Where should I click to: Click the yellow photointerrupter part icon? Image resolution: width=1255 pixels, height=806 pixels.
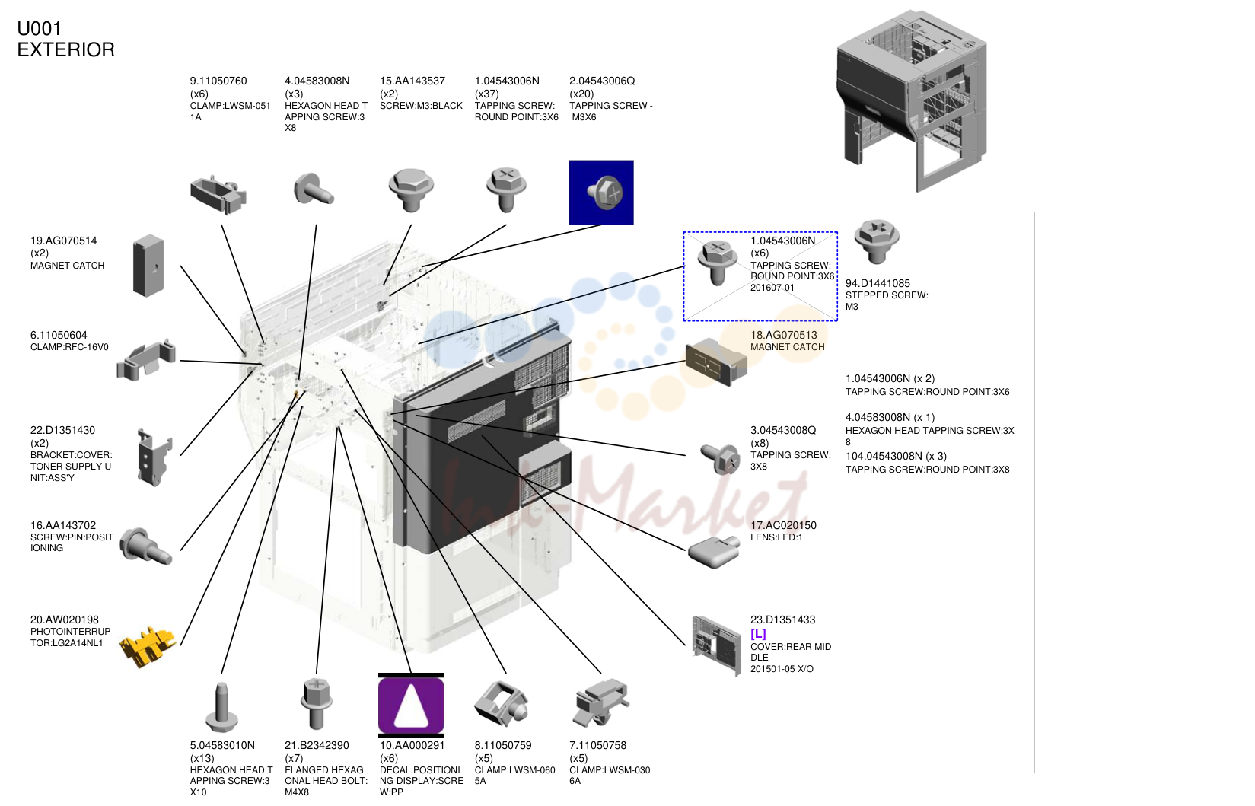(x=148, y=647)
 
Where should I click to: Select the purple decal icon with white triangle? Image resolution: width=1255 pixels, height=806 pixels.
(x=411, y=706)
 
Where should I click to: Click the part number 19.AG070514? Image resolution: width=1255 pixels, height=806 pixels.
(x=63, y=241)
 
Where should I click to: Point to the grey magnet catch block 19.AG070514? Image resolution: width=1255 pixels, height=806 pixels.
(x=148, y=266)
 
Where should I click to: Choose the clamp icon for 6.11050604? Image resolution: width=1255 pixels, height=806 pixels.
(x=146, y=359)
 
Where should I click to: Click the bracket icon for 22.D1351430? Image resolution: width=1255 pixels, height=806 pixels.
(x=154, y=457)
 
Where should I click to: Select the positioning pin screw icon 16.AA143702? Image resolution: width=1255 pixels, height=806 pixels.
(x=146, y=546)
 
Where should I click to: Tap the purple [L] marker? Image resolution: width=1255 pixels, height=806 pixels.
(x=758, y=633)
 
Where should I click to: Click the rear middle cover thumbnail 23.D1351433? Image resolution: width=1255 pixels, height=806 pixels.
(x=717, y=646)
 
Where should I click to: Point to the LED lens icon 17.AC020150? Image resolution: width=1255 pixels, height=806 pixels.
(x=714, y=553)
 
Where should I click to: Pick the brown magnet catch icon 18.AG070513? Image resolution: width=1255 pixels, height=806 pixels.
(x=716, y=362)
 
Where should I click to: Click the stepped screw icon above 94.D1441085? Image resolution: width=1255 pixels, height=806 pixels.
(x=877, y=241)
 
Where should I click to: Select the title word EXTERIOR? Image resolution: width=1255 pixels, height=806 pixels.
(x=65, y=49)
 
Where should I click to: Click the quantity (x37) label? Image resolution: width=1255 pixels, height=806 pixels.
(x=487, y=94)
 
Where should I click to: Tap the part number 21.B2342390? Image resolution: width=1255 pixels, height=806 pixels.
(x=317, y=746)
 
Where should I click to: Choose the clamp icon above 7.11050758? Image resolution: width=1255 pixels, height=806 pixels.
(x=601, y=702)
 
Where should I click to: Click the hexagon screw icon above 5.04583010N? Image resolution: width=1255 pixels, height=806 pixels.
(x=222, y=707)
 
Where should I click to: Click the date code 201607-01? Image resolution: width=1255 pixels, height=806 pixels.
(x=772, y=288)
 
